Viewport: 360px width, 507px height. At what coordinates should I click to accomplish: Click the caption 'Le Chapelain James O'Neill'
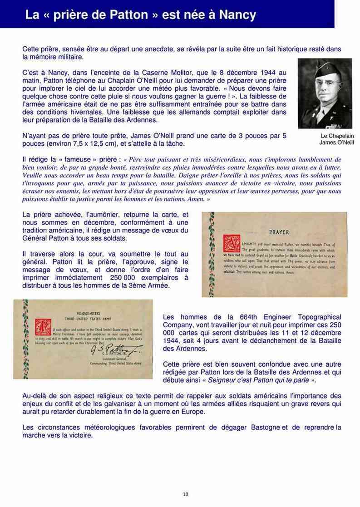point(336,139)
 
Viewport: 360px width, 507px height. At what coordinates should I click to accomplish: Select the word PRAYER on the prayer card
point(279,232)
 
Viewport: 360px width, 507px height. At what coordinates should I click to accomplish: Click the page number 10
point(185,494)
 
